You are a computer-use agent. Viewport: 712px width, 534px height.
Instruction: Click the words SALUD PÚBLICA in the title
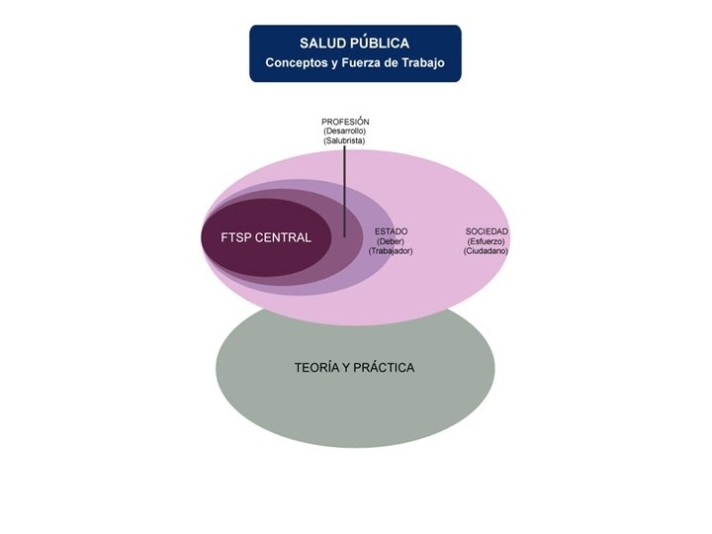(354, 44)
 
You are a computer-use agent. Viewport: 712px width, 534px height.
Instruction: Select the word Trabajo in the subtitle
(421, 63)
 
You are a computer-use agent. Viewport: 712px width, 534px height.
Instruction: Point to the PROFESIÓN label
(345, 122)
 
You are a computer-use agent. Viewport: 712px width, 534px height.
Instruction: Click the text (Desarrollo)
(345, 132)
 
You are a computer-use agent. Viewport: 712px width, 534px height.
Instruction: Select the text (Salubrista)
(345, 141)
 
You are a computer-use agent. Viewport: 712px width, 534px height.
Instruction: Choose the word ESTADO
(391, 231)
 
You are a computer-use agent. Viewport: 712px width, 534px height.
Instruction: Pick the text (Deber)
(391, 241)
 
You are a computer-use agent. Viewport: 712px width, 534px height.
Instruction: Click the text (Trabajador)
(391, 251)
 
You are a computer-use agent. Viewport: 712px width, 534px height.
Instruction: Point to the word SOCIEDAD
(487, 231)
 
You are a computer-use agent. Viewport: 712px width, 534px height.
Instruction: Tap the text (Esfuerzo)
(487, 241)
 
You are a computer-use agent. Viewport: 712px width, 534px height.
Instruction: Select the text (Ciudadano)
(487, 251)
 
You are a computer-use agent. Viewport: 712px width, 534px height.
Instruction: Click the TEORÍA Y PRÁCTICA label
(354, 368)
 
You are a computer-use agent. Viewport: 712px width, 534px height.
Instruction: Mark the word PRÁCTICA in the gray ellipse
(385, 368)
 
